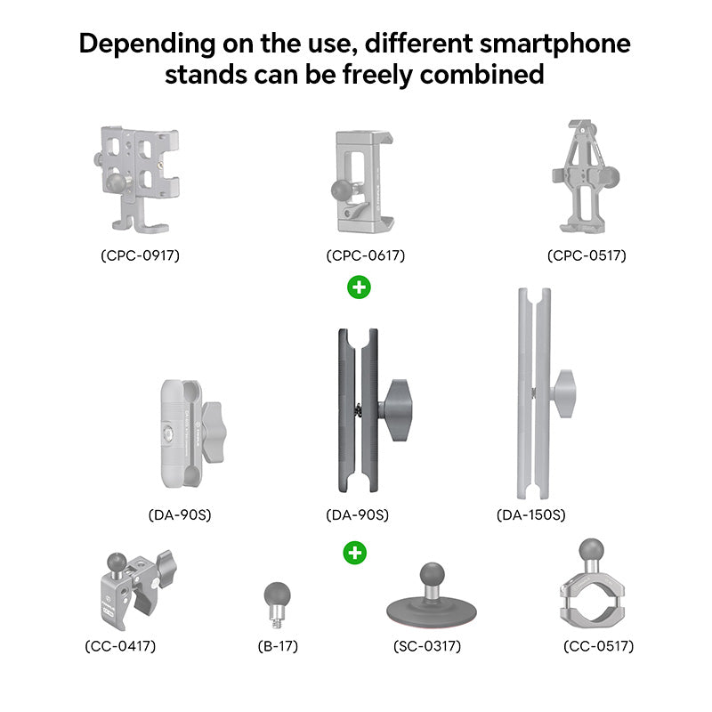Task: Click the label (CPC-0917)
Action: [x=140, y=255]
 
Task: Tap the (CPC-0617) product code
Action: [x=365, y=255]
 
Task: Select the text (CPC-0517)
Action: [x=587, y=255]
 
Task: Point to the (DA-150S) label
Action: [x=531, y=514]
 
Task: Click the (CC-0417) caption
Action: [x=126, y=646]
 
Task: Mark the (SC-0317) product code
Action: [x=427, y=646]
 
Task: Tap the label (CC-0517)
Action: [x=598, y=646]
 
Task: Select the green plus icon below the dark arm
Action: [x=355, y=553]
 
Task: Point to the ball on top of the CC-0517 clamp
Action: [x=588, y=551]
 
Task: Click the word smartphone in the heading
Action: [x=546, y=43]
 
